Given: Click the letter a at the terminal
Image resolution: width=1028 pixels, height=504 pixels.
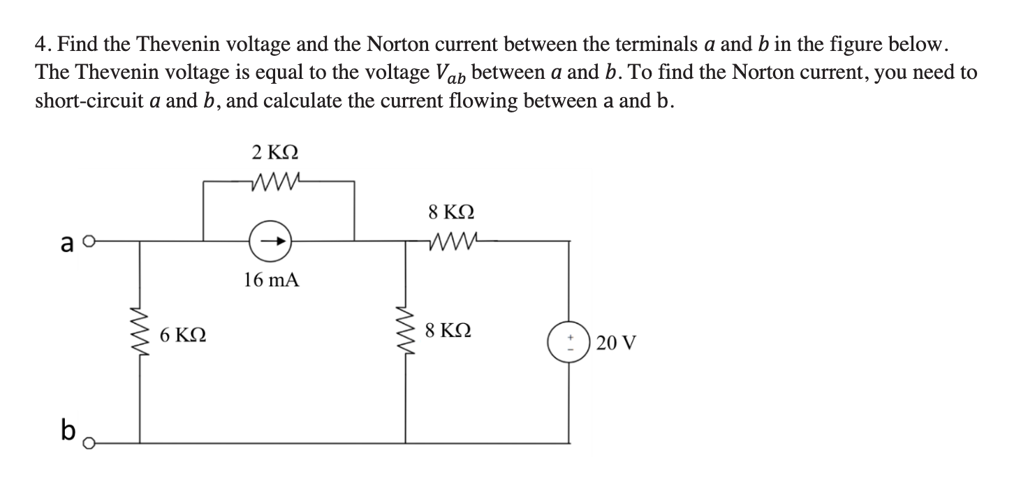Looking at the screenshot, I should click(68, 244).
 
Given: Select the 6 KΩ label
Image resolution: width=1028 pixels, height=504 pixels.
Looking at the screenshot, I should click(182, 336).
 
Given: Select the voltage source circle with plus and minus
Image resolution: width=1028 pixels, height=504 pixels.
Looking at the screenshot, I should click(568, 342).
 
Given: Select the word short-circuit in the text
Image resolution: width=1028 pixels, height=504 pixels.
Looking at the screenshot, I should click(83, 101).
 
